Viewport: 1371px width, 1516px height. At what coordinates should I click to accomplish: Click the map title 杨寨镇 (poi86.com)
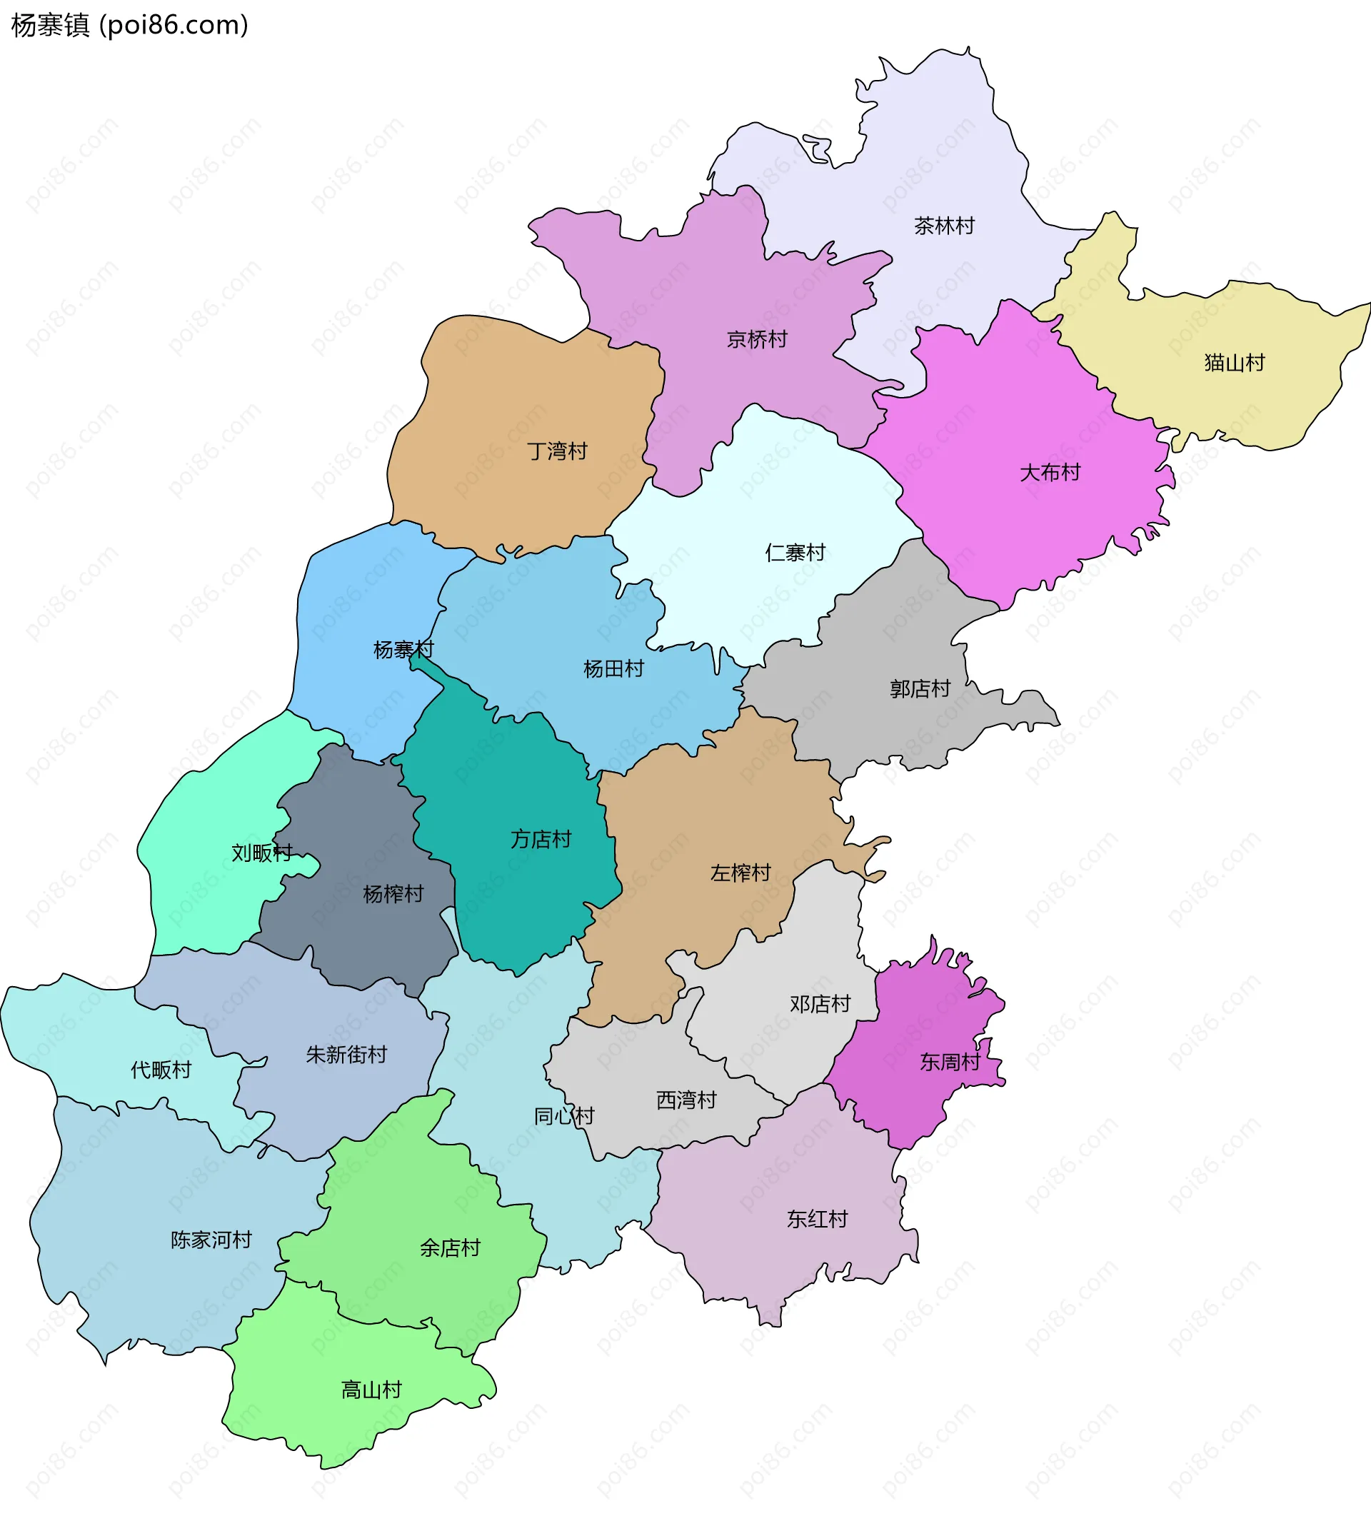point(129,26)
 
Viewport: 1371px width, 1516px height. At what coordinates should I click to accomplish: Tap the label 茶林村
point(944,226)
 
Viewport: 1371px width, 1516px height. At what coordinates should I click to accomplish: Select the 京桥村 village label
point(757,340)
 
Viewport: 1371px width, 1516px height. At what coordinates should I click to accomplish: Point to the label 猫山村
point(1234,363)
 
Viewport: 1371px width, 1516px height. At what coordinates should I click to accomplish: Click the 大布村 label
point(1049,472)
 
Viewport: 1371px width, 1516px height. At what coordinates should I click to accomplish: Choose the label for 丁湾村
point(556,451)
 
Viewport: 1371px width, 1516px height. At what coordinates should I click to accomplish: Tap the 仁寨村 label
point(795,553)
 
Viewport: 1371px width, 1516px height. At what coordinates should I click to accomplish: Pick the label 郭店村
point(920,689)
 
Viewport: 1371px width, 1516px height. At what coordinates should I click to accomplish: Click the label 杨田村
point(613,668)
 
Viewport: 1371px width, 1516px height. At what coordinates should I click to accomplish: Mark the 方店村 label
point(541,839)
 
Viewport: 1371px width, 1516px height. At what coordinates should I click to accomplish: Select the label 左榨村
point(740,873)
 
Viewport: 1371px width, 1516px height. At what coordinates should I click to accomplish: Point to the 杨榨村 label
point(393,894)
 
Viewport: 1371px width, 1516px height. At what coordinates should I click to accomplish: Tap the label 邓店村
point(820,1004)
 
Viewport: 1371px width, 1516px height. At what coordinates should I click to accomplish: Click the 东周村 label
point(950,1062)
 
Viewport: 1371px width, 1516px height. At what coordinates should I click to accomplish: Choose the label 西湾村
point(687,1100)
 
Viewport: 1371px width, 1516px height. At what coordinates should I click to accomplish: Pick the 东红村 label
point(817,1219)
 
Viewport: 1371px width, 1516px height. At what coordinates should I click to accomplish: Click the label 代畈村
point(161,1069)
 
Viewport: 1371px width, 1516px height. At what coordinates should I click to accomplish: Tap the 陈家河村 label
point(211,1239)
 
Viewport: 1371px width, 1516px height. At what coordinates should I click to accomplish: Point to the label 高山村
point(371,1390)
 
